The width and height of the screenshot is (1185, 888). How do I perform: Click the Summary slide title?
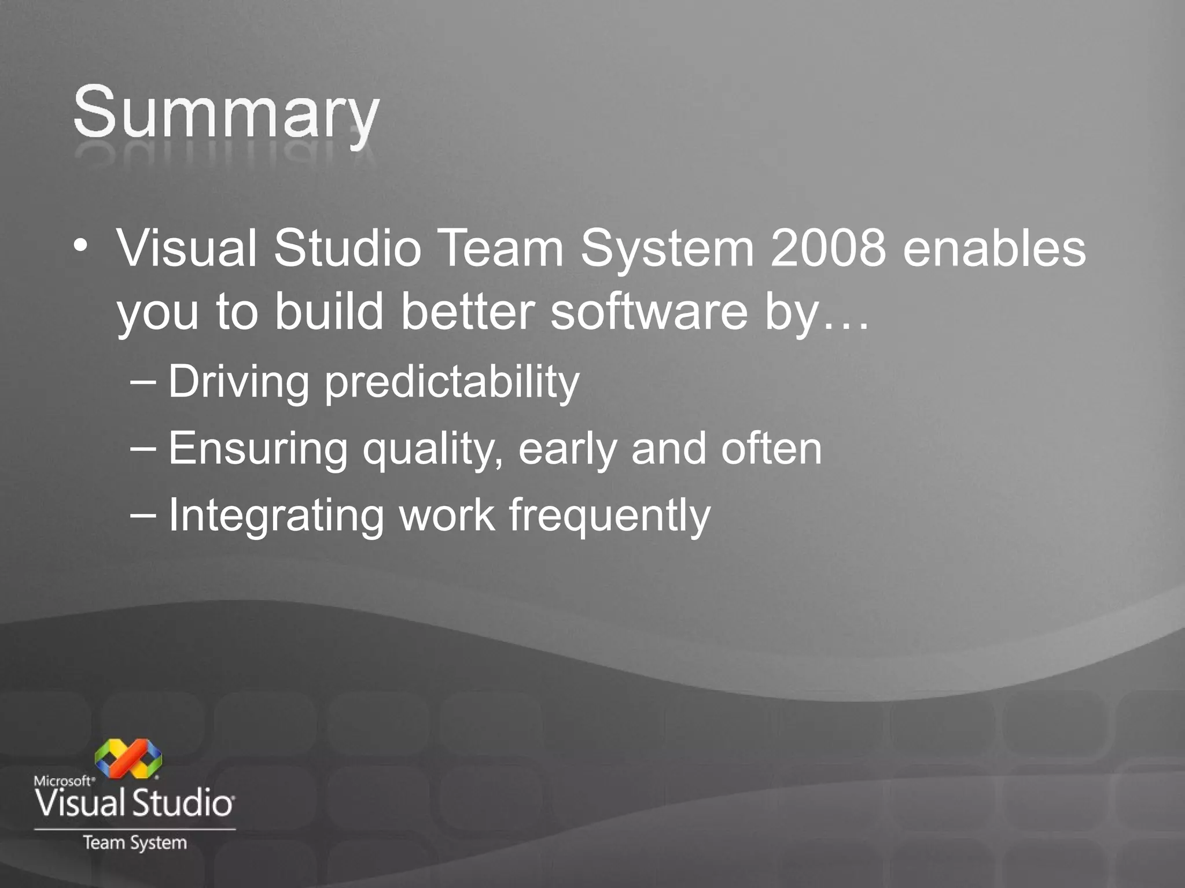226,113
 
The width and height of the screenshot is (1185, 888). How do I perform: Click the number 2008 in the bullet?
828,249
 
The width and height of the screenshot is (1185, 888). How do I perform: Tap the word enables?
994,249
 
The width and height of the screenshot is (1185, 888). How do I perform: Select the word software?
649,312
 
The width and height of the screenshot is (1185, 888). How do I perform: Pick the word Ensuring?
258,449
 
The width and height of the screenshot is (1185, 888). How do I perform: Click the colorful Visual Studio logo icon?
128,758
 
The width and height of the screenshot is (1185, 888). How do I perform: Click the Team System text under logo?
135,843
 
